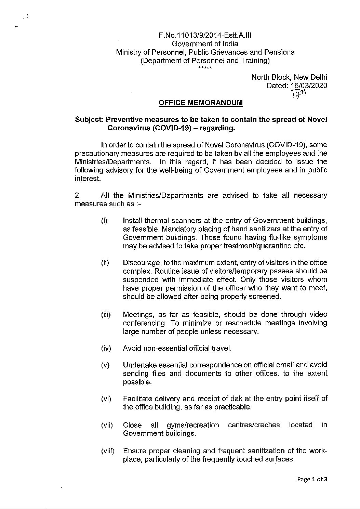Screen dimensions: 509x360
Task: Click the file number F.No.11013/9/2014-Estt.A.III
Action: tap(205, 35)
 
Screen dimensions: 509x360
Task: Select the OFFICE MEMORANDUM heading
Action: tap(201, 103)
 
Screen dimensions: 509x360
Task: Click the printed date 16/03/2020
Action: tap(309, 86)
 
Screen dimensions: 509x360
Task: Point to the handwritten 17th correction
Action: tap(297, 94)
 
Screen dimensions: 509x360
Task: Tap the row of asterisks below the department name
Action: tap(205, 68)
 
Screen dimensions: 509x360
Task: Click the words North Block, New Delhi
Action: tap(289, 77)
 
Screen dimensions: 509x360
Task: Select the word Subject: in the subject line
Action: tap(89, 120)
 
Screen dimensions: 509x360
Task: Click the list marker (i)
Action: tap(104, 221)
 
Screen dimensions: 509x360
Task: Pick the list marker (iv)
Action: tap(106, 348)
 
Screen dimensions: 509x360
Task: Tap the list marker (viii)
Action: tap(108, 451)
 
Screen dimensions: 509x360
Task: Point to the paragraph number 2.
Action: tap(78, 195)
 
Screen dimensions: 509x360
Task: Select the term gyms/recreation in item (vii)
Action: tap(193, 425)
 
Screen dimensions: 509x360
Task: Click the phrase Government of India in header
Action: tap(205, 44)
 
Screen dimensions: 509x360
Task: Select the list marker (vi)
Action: tap(106, 399)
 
